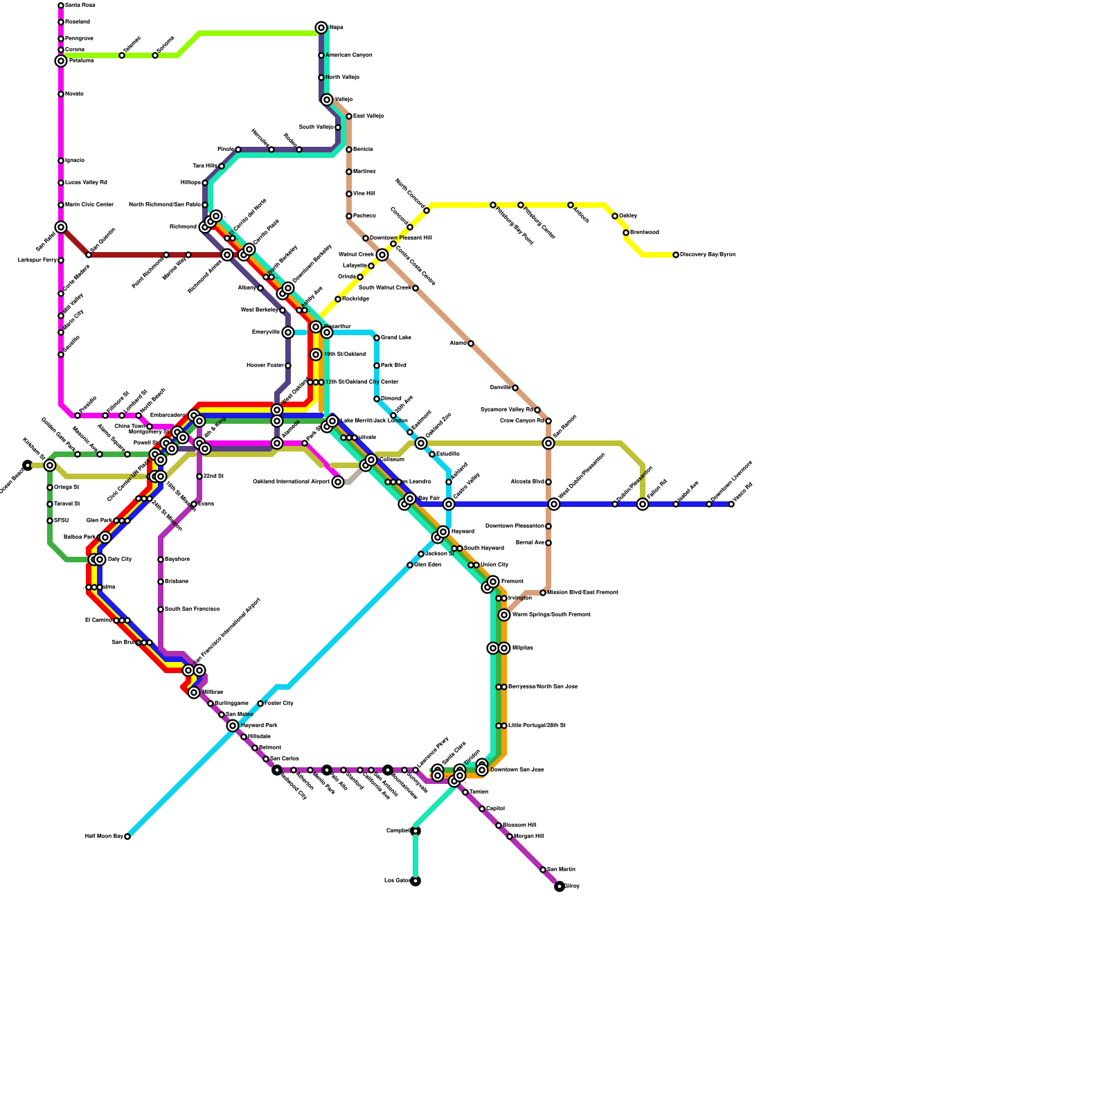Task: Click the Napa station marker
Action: coord(321,28)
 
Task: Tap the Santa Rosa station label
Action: coord(80,6)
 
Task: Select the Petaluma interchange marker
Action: coord(61,61)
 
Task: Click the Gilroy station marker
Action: coord(560,886)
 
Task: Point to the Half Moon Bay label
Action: coord(104,837)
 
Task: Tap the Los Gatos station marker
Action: coord(415,881)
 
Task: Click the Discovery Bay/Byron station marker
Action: coord(676,255)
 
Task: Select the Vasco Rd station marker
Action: coord(731,504)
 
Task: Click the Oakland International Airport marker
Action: coord(338,482)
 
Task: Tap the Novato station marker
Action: coord(61,94)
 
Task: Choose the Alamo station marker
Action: coord(471,343)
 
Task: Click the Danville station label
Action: coord(500,388)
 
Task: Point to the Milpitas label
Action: coord(523,648)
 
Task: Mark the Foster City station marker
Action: coord(260,704)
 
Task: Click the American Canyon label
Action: coord(349,55)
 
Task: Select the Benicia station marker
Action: coord(349,150)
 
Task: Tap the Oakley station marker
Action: coord(615,216)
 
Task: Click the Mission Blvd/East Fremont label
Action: coord(582,593)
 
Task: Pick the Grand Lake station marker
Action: coord(377,338)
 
